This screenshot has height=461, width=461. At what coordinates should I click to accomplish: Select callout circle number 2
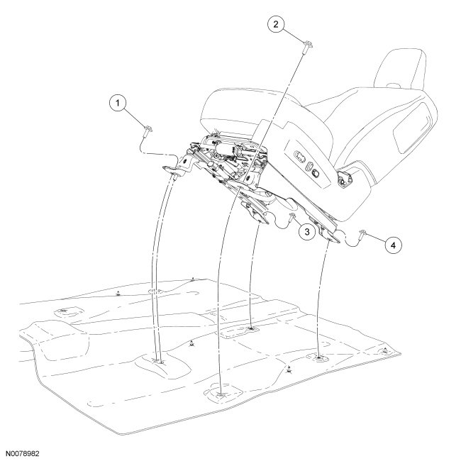[277, 24]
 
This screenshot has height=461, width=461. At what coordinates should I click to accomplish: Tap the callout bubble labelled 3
[307, 231]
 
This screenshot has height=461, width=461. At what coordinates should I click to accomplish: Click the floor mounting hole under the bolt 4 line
[319, 358]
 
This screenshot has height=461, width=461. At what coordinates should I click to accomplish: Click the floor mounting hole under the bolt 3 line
[252, 328]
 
